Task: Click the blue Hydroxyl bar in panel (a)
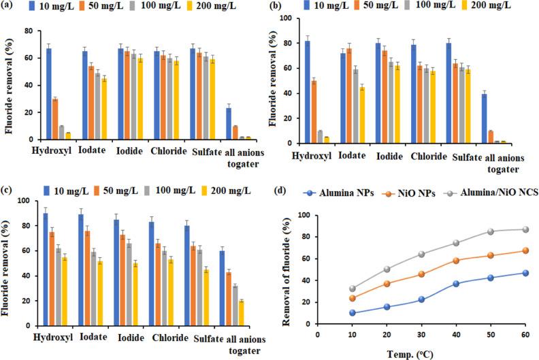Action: point(49,94)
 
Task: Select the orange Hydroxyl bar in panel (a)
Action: point(55,119)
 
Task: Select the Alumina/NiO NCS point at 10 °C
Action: point(351,289)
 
